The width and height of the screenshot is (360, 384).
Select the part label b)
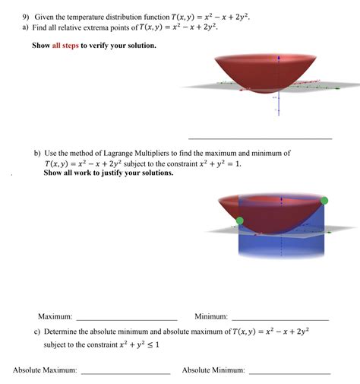pyautogui.click(x=38, y=153)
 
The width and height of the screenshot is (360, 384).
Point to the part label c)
pyautogui.click(x=37, y=332)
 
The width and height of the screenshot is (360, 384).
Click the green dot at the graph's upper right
pyautogui.click(x=324, y=201)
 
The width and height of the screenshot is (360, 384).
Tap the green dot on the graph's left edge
pyautogui.click(x=240, y=221)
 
